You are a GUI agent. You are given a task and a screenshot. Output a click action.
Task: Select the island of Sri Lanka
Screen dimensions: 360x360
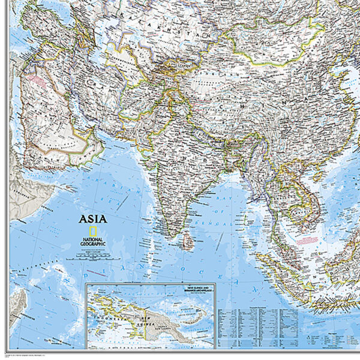pyautogui.click(x=188, y=242)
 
